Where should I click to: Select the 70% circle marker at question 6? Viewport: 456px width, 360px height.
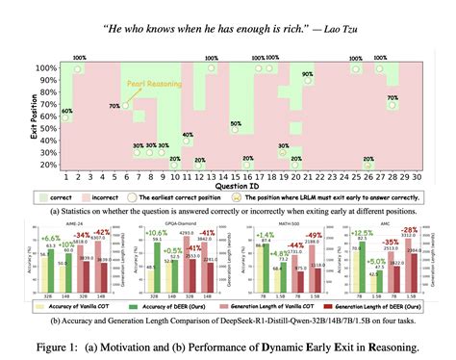(127, 104)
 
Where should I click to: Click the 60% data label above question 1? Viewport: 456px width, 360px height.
(67, 112)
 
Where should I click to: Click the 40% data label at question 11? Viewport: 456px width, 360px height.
(188, 136)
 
